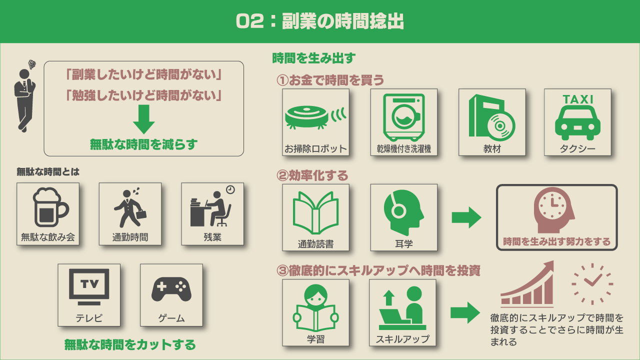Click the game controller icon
pos(171,289)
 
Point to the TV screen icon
pos(89,286)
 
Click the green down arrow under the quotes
pos(143,119)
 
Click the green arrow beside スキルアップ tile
pos(465,312)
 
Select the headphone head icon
pos(403,211)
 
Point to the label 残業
pos(212,237)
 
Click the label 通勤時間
pos(130,237)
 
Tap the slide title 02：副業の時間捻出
pos(320,21)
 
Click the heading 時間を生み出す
pos(313,58)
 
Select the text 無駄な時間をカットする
pos(130,345)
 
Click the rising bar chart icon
pos(528,284)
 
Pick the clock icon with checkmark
pos(592,283)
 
